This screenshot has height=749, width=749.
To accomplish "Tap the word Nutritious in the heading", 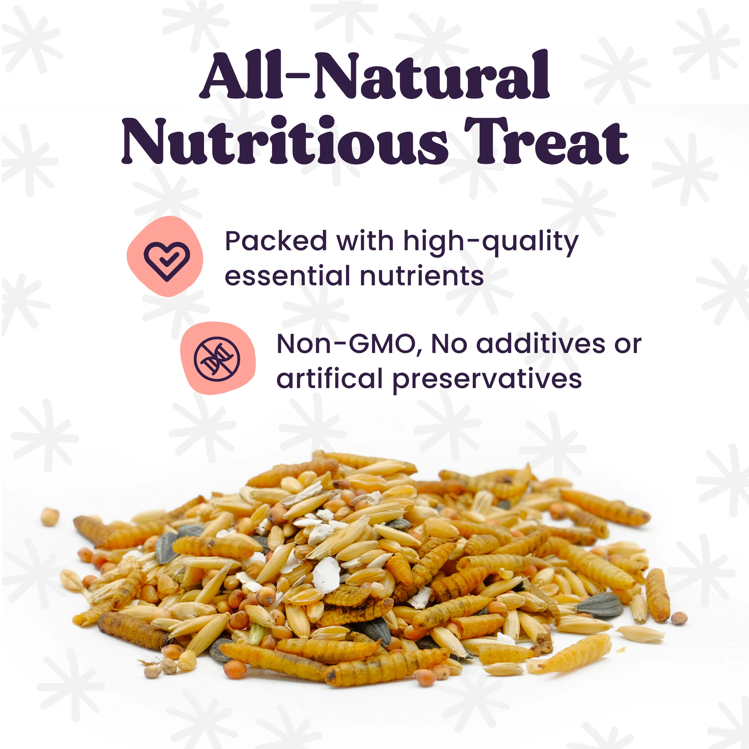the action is [x=285, y=140].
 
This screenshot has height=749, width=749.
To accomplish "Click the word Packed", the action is [x=276, y=241].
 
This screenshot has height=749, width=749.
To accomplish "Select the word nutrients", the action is [x=422, y=277].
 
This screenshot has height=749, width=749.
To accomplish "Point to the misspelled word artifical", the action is [x=329, y=378].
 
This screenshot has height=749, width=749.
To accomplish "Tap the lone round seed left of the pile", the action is [x=50, y=517].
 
